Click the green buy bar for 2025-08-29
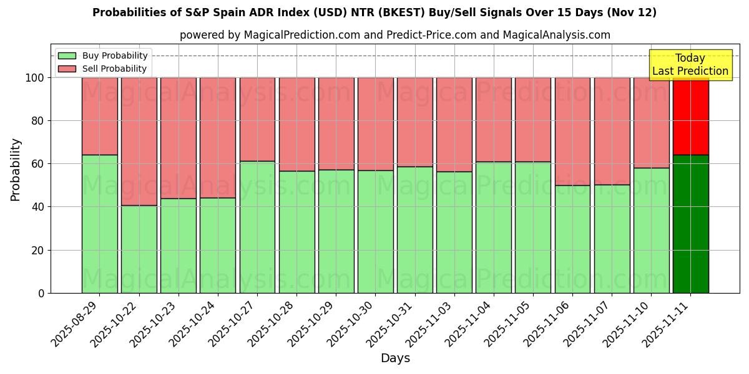point(99,224)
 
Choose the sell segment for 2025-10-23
point(179,138)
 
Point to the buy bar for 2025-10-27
point(257,227)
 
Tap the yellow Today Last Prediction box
point(690,65)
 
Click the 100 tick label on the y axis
point(34,78)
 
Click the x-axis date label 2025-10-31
point(390,323)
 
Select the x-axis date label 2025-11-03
point(429,323)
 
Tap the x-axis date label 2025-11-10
point(627,323)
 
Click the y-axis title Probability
point(16,170)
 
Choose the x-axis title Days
point(395,358)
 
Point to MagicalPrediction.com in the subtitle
point(301,35)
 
